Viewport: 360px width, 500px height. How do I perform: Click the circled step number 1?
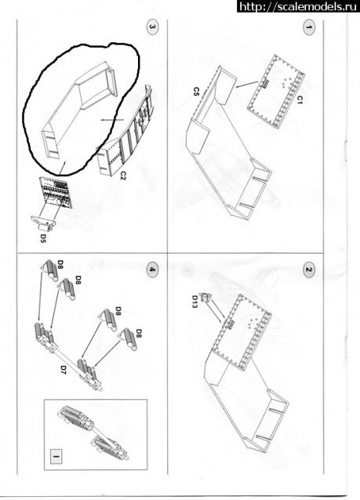[x=308, y=27]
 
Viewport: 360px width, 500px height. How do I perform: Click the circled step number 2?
[x=308, y=270]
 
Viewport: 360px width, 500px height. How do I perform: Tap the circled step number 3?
[x=152, y=27]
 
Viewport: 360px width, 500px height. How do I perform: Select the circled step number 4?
[x=152, y=270]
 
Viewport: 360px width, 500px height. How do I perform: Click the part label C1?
[x=300, y=100]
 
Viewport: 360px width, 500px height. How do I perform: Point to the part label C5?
[x=196, y=92]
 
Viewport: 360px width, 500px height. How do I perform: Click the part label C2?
[x=123, y=175]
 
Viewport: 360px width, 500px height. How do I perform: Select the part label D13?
[x=195, y=302]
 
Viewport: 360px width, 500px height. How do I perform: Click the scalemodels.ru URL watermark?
[x=298, y=6]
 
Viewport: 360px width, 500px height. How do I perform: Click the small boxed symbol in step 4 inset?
[x=56, y=457]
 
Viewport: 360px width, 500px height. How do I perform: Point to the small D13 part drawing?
[x=205, y=297]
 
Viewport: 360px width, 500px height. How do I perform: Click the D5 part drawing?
[x=44, y=223]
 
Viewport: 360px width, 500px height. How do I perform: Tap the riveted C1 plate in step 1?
[x=276, y=91]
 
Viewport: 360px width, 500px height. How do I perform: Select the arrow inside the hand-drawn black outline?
[x=112, y=120]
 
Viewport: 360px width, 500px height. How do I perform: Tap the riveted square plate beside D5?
[x=56, y=192]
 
